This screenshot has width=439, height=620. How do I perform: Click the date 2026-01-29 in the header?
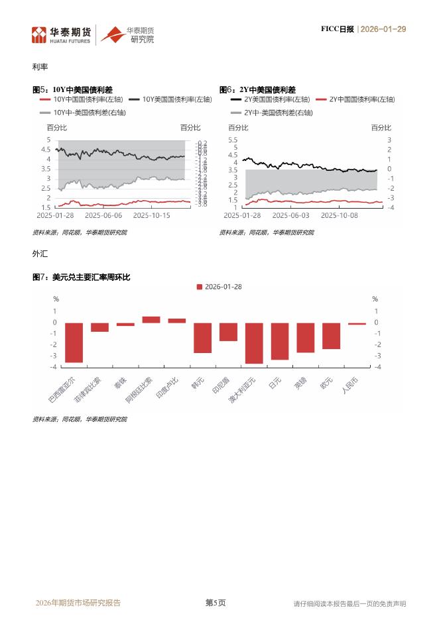383,29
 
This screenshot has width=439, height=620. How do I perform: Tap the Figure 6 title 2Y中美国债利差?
267,89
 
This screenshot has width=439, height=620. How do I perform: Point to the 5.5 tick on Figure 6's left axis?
233,140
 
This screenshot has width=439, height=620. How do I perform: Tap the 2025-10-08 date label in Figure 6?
340,215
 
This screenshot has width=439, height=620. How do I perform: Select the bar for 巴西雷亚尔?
74,342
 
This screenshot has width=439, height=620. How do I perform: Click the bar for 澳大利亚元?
254,343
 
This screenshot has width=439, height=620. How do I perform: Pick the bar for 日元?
280,341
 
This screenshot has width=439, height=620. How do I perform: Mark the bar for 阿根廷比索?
151,320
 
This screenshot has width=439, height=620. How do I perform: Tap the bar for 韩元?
202,338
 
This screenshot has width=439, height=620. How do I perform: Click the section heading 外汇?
39,254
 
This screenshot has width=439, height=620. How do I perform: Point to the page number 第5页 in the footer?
215,603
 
